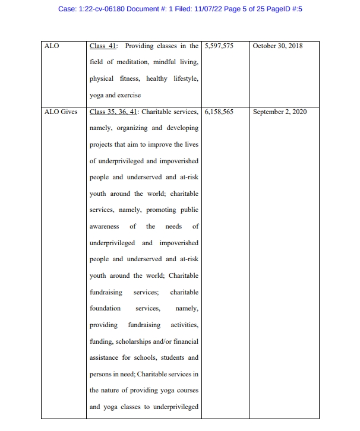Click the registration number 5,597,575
coord(219,46)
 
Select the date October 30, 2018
coord(277,46)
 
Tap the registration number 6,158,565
coord(219,112)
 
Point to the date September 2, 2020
coord(280,112)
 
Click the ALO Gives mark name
coord(61,112)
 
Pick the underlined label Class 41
coord(103,46)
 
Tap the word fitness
coord(130,78)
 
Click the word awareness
coord(104,226)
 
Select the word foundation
coord(105,308)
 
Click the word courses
coord(187,391)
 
